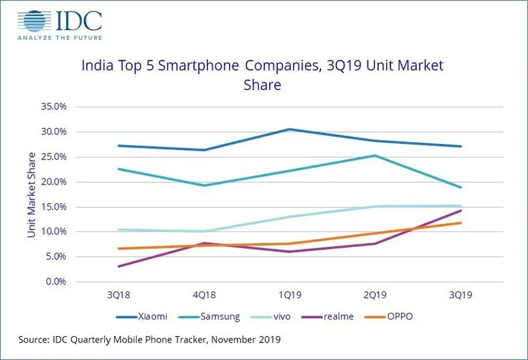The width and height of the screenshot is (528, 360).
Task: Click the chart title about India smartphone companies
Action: point(262,75)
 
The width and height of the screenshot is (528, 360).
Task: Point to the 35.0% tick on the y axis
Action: point(53,107)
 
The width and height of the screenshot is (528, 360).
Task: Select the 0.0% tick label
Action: point(55,282)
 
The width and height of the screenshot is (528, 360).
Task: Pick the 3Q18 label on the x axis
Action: point(119,295)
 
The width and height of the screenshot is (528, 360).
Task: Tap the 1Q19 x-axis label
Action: point(289,295)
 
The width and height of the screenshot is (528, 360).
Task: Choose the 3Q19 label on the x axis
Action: point(460,295)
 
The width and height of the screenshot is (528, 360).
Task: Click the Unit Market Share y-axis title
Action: point(31,194)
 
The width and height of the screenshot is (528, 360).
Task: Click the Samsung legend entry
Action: point(213,316)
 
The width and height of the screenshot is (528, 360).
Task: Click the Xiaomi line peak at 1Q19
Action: point(289,129)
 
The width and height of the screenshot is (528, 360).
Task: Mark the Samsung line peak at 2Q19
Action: point(374,156)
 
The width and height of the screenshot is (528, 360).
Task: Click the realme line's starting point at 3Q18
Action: point(119,266)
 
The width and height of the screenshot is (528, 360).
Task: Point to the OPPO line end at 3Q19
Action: point(460,223)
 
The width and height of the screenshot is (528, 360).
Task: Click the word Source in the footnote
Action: point(34,339)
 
